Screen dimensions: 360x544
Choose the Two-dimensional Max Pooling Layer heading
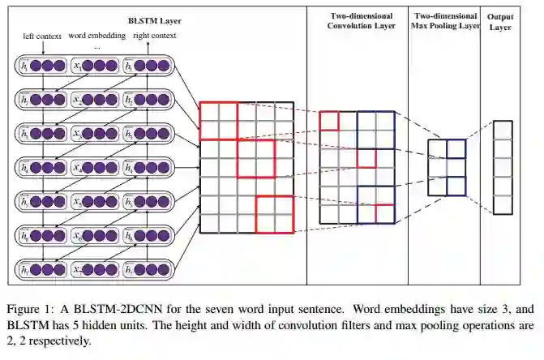(445, 21)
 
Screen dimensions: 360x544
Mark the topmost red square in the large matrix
(219, 121)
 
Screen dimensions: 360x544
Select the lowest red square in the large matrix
(274, 214)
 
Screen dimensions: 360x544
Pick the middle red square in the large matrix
(256, 158)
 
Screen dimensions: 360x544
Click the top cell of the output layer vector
(503, 130)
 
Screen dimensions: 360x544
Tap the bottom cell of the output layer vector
(503, 205)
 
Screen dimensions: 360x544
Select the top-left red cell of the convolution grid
(328, 121)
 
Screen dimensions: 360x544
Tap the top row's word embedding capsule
(98, 66)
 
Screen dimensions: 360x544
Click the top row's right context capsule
(153, 66)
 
